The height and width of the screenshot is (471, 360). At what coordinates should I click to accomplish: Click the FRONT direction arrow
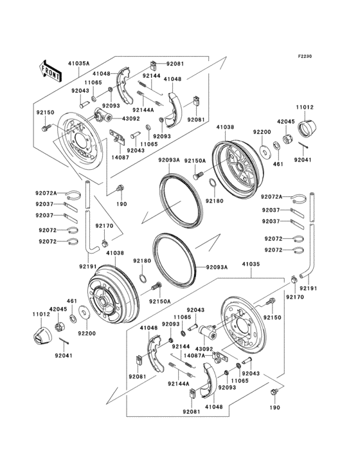[50, 70]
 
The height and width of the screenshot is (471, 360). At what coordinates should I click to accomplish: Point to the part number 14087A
[195, 355]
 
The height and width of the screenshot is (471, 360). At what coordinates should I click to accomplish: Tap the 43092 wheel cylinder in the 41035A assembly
[102, 116]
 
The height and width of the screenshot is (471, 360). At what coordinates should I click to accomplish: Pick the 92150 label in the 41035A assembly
[45, 113]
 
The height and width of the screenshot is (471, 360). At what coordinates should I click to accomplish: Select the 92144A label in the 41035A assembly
[144, 110]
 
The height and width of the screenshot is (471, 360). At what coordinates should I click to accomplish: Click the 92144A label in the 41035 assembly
[179, 384]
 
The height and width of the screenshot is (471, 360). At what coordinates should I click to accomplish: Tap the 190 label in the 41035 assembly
[275, 408]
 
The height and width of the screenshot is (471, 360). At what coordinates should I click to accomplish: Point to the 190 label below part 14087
[122, 204]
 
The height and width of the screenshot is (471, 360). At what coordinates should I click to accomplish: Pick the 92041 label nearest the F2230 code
[303, 159]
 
